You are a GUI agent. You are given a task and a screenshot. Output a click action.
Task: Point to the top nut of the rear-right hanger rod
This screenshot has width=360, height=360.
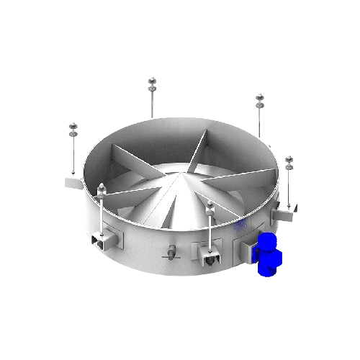pyautogui.click(x=259, y=99)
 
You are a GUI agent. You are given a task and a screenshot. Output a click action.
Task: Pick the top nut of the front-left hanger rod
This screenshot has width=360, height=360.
pyautogui.click(x=102, y=189)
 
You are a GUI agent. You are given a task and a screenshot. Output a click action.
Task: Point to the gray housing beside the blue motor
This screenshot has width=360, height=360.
pyautogui.click(x=246, y=249)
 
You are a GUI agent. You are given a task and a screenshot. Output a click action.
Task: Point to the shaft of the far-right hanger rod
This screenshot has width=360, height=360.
pyautogui.click(x=289, y=187)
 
